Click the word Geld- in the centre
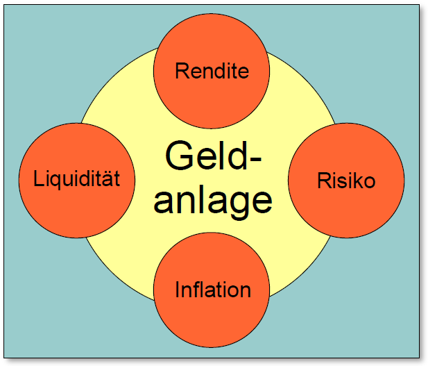(214, 155)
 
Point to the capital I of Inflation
(178, 289)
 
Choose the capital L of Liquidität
(38, 179)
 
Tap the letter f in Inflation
(198, 288)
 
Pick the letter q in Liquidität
(55, 181)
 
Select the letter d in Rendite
(219, 70)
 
